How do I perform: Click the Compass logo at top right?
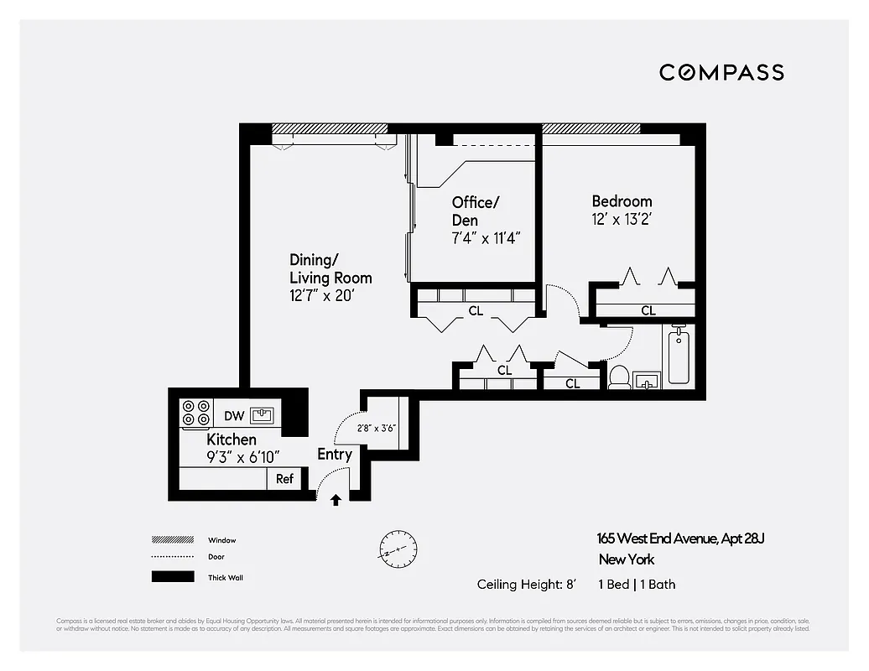721,72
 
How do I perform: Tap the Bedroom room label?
622,201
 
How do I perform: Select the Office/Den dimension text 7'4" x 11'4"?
487,237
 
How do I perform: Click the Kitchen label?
232,440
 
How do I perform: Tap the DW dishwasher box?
233,415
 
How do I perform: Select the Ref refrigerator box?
284,479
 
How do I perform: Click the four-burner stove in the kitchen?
196,414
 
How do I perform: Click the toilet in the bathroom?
620,378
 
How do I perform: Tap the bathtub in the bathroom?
679,356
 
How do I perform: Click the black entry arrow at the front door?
336,500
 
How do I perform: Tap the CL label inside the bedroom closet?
648,310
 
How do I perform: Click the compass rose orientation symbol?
397,549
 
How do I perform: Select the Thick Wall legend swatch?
168,577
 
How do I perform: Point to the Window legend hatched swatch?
168,540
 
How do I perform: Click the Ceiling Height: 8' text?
526,585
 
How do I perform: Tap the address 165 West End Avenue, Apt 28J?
680,538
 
